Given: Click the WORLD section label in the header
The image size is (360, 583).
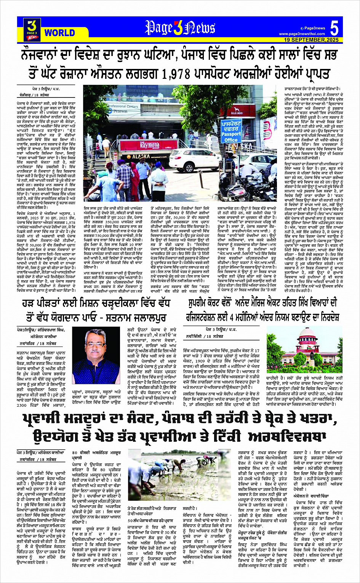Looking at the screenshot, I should (59, 33).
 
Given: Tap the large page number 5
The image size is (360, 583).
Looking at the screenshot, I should (334, 29).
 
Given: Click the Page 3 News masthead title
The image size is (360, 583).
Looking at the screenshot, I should (180, 28).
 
